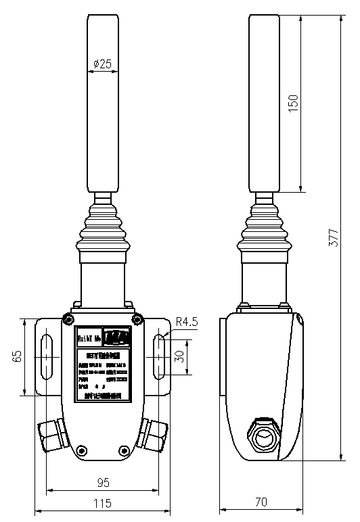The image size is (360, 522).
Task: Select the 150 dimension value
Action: point(293,102)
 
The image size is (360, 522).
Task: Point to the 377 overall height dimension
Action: point(332,237)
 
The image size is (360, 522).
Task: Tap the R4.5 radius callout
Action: point(186,323)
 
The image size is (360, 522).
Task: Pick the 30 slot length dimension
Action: point(180,356)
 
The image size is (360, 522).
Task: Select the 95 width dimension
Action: point(103,482)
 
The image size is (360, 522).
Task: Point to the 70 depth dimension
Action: point(261,502)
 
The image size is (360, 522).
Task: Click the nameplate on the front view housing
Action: point(103,366)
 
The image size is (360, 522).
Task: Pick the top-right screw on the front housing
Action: point(137,319)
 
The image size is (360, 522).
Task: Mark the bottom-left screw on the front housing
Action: point(82,449)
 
